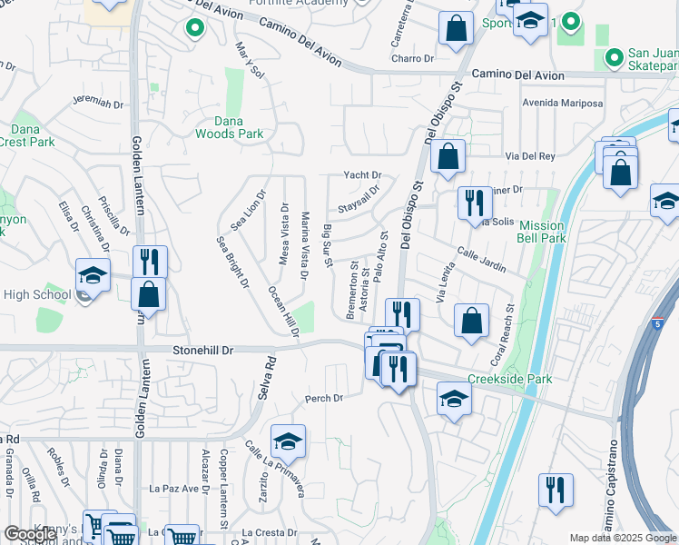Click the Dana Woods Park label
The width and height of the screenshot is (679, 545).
[229, 127]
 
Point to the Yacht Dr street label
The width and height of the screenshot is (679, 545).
[362, 175]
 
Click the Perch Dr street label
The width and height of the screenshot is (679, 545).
[324, 398]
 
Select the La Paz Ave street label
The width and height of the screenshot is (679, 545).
[173, 489]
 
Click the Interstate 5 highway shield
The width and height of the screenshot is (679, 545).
[659, 322]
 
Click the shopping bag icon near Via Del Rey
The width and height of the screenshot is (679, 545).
[448, 156]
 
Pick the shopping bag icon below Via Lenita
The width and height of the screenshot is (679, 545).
[471, 321]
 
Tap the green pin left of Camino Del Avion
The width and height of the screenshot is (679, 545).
[193, 28]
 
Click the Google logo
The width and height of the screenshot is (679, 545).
[30, 535]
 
